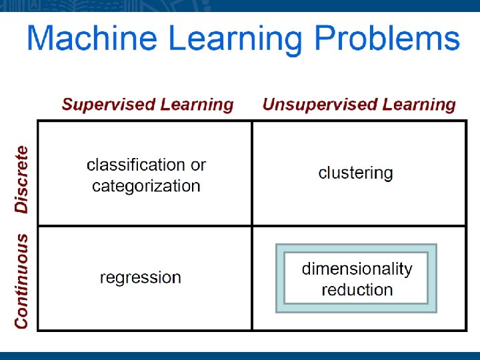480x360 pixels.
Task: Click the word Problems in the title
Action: pos(387,39)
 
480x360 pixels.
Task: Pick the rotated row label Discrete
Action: pos(22,179)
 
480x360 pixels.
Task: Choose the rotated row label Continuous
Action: pos(22,280)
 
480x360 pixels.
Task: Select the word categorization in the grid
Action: pos(146,186)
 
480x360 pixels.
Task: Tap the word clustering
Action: pos(355,173)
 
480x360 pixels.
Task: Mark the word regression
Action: pos(140,277)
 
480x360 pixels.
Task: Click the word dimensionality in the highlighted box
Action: pos(357,269)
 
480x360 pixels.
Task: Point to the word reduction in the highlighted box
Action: pos(357,290)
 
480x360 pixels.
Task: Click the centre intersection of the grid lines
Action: pos(252,226)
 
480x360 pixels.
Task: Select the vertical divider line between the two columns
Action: pos(252,173)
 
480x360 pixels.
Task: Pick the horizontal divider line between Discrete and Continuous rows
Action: pos(143,226)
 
